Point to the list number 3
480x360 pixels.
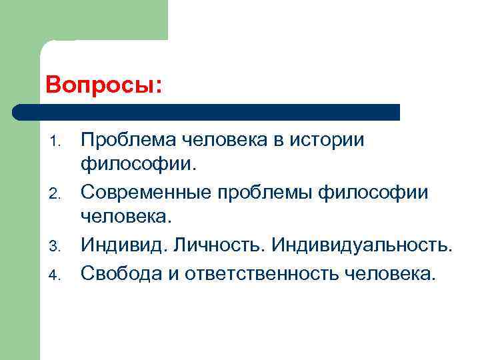[x=57, y=247]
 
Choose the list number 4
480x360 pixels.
[x=57, y=273]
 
